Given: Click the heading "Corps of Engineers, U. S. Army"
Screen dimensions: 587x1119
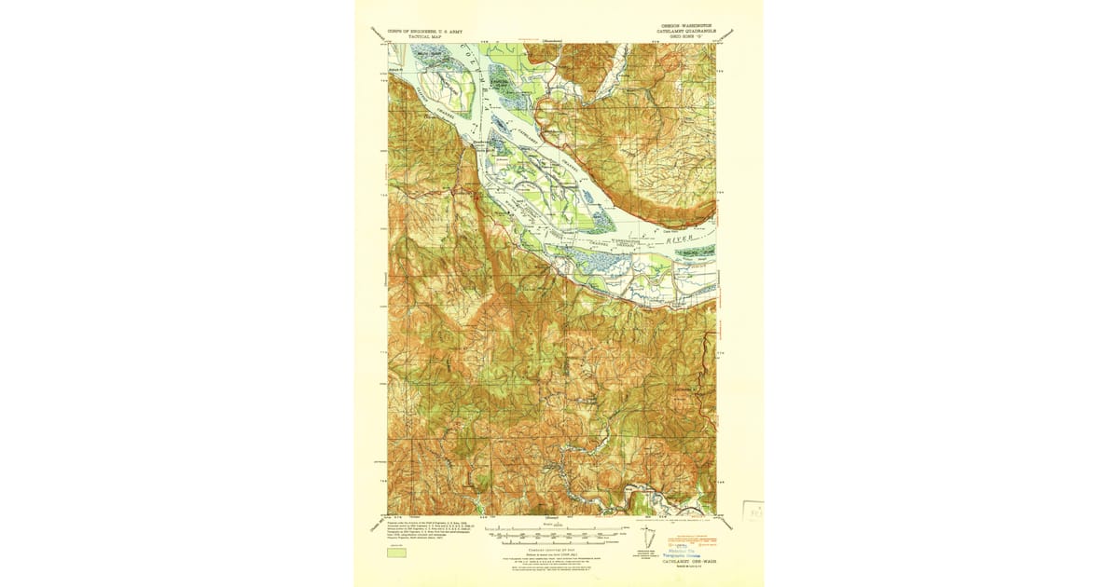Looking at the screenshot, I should pyautogui.click(x=417, y=30).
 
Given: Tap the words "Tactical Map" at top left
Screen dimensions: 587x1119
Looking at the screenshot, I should pyautogui.click(x=417, y=36).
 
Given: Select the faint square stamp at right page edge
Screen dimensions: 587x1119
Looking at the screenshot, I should pyautogui.click(x=753, y=512).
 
